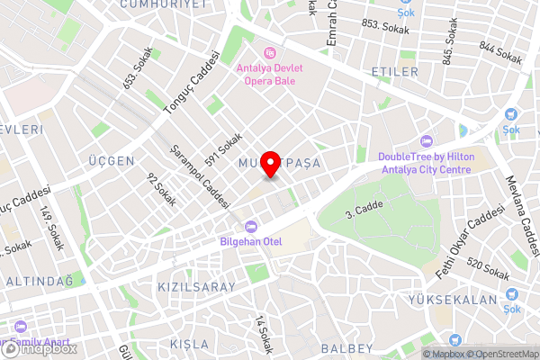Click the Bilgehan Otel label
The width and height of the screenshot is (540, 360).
(x=251, y=240)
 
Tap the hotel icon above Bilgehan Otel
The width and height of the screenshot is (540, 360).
(x=251, y=225)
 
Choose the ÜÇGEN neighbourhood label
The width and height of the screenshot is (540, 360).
(x=112, y=161)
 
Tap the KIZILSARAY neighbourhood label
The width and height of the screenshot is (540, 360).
(x=196, y=287)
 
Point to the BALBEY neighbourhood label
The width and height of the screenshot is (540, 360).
(x=346, y=348)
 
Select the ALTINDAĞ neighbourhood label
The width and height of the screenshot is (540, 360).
(x=39, y=282)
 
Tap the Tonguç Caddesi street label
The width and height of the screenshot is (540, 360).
(x=190, y=83)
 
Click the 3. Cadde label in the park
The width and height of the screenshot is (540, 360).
(x=364, y=211)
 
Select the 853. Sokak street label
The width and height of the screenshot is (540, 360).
(x=385, y=28)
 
